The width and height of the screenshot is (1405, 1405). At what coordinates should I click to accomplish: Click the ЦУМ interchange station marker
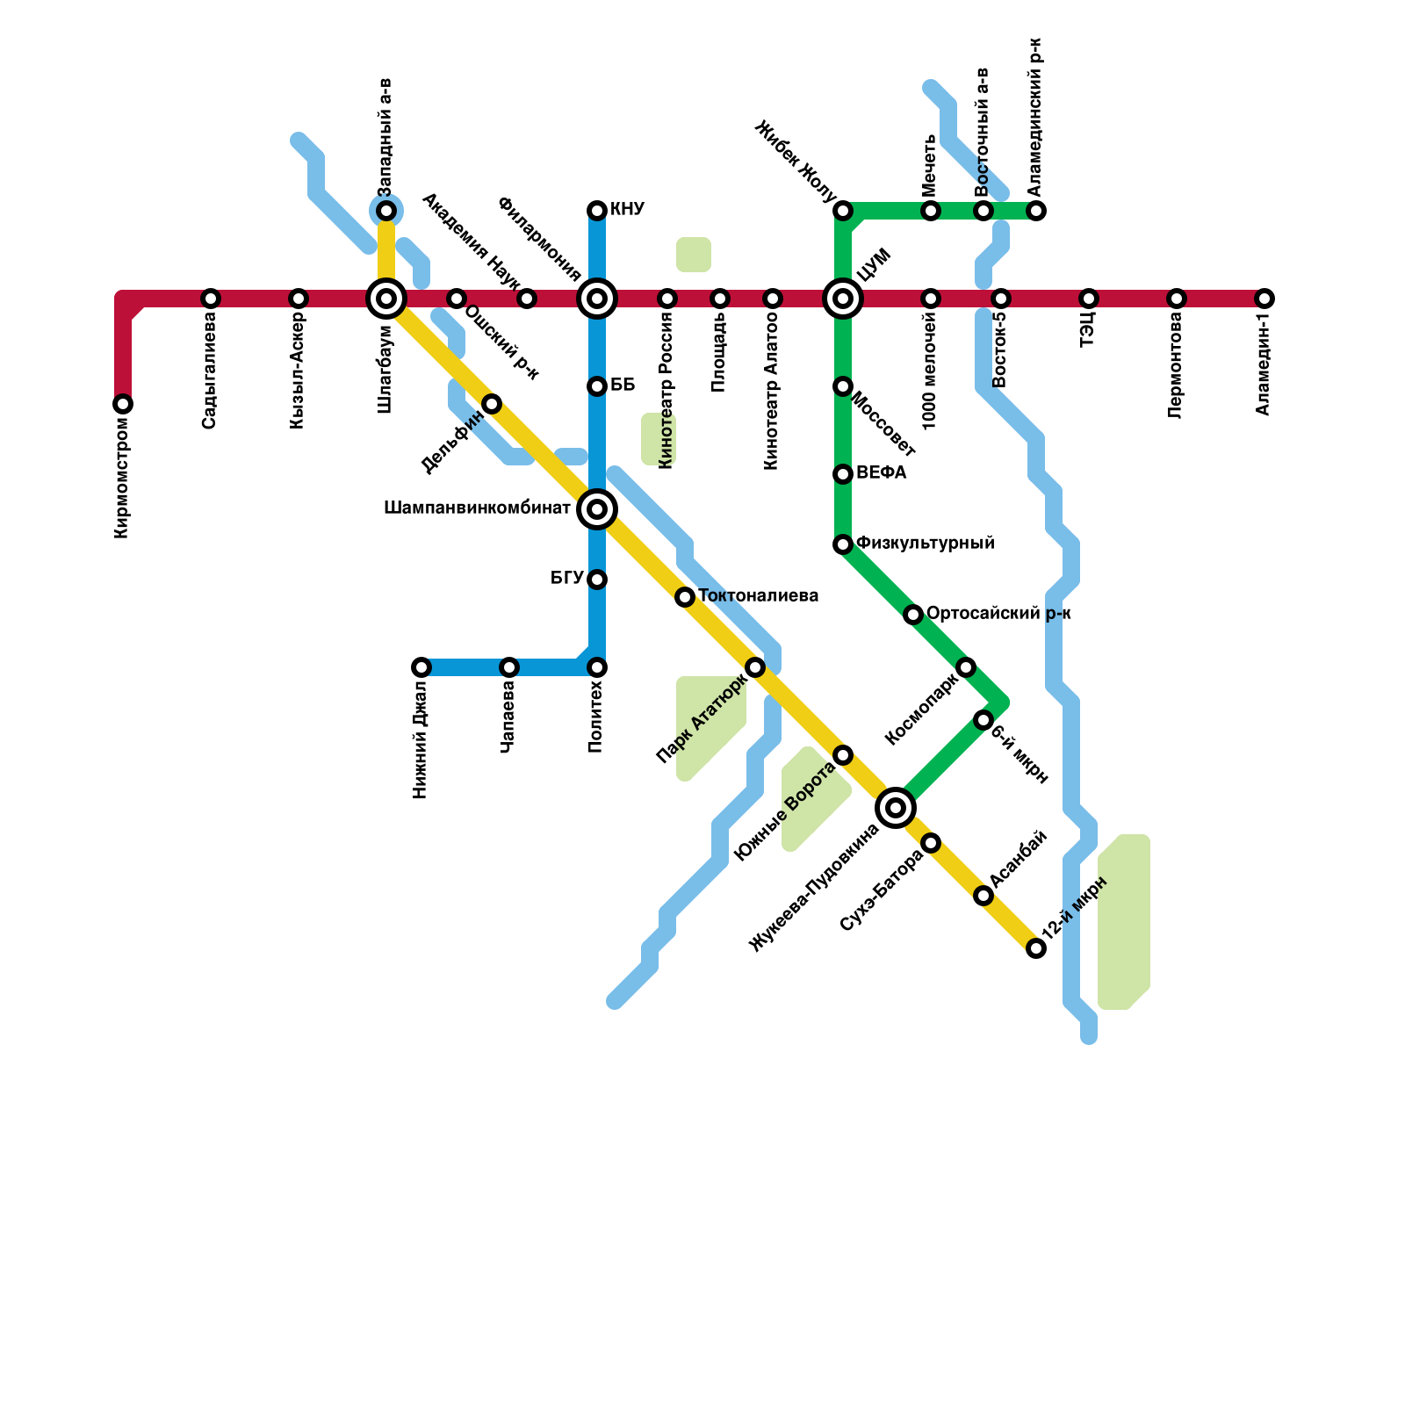point(843,299)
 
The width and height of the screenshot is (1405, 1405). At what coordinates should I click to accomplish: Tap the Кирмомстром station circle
point(123,404)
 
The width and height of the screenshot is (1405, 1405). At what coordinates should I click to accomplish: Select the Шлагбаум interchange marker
point(386,299)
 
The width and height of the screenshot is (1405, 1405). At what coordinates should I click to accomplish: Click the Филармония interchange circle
point(597,299)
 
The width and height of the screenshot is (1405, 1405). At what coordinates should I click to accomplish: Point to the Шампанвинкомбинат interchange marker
point(597,509)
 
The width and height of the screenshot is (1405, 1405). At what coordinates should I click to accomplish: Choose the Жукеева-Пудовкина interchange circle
point(896,808)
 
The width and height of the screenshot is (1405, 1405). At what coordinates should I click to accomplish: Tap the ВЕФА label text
point(881,473)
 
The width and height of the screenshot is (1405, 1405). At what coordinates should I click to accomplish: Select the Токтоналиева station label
point(758,596)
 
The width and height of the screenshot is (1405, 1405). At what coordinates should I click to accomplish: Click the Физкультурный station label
point(925,544)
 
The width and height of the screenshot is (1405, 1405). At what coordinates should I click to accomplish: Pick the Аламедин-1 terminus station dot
point(1264,299)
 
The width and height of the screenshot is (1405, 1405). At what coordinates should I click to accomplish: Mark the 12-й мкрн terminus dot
point(1036,948)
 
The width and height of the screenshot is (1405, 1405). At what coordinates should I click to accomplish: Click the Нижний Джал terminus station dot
point(421,667)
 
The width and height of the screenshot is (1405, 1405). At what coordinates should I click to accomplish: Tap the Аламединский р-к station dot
point(1036,211)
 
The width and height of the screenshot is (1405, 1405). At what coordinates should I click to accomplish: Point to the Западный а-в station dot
point(386,211)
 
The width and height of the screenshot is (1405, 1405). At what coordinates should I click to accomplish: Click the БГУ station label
point(566,579)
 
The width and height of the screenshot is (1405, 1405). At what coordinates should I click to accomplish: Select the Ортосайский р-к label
point(998,614)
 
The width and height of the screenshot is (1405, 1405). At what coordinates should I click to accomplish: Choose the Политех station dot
point(597,667)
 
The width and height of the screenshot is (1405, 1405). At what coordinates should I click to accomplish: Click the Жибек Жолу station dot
point(843,211)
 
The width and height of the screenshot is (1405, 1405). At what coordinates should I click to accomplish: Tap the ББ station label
point(622,385)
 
